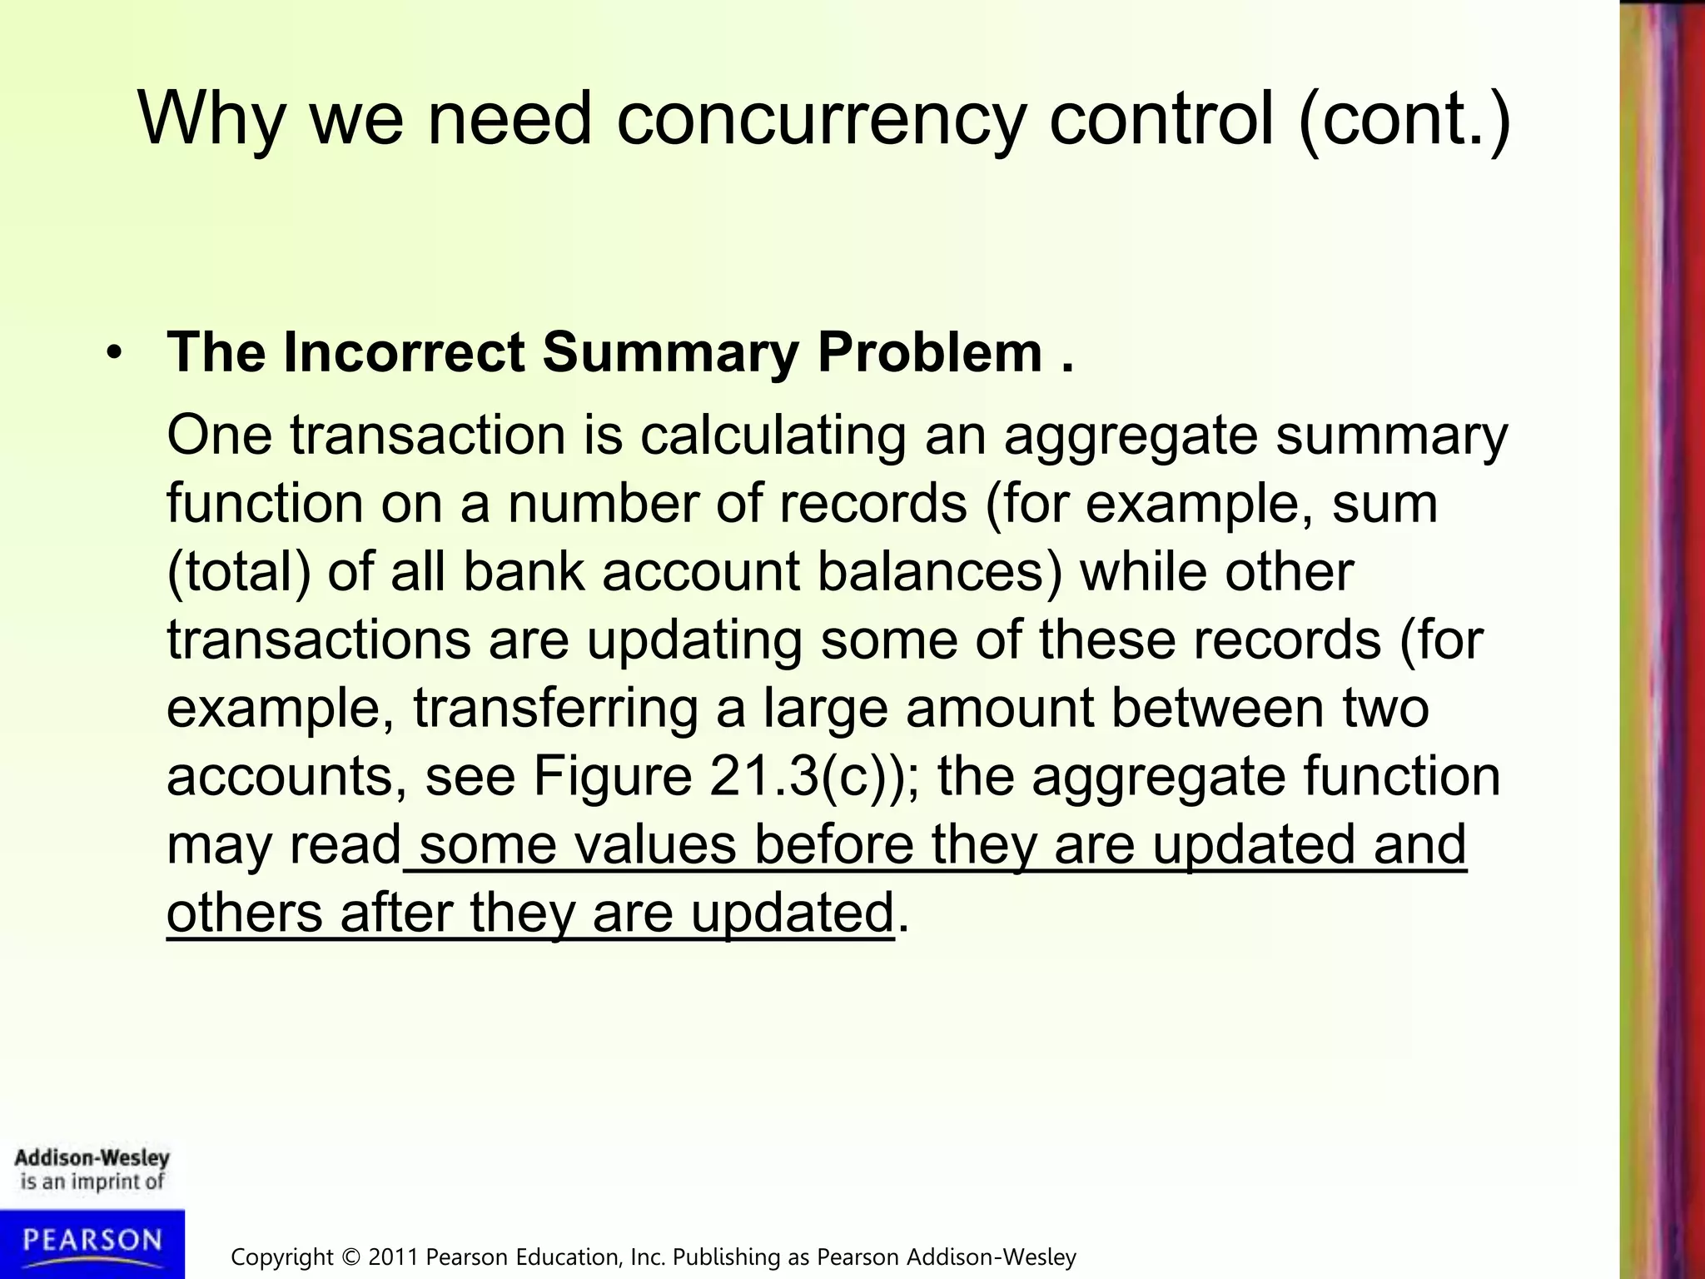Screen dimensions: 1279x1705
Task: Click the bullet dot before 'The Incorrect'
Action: click(114, 353)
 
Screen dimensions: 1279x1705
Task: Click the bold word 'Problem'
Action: click(930, 352)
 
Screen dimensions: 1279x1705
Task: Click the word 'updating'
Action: click(694, 640)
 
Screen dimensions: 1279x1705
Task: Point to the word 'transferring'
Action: click(555, 709)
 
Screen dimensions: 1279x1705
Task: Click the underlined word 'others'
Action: click(244, 913)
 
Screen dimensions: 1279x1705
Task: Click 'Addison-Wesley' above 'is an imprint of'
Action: click(92, 1157)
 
